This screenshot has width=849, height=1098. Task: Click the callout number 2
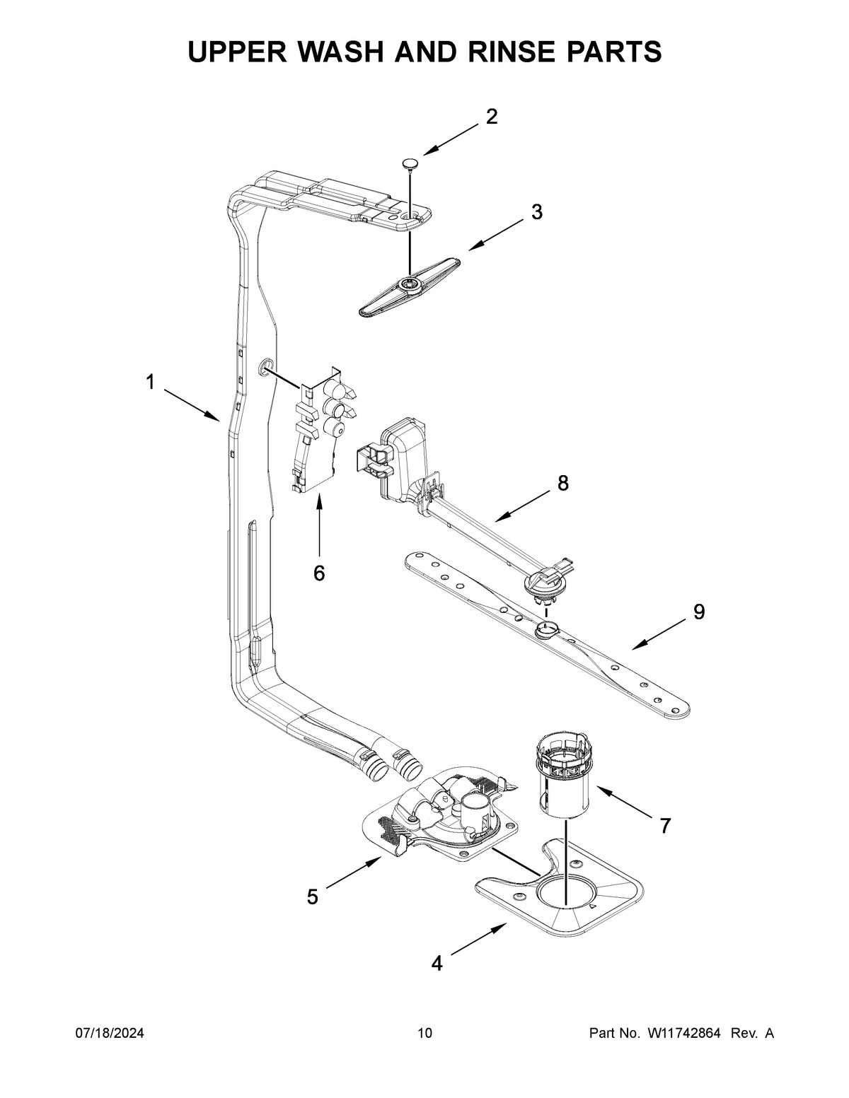click(x=491, y=117)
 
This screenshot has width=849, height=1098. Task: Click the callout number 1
click(x=150, y=382)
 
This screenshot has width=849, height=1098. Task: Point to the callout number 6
click(x=319, y=573)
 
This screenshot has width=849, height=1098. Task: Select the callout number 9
click(x=699, y=612)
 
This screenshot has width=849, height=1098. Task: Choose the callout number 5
click(x=313, y=897)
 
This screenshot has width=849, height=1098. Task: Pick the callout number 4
click(x=437, y=963)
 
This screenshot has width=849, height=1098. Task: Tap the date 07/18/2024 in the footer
click(x=110, y=1034)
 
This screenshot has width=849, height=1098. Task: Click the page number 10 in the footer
click(x=424, y=1034)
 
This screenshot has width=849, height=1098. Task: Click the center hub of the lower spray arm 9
click(x=547, y=628)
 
